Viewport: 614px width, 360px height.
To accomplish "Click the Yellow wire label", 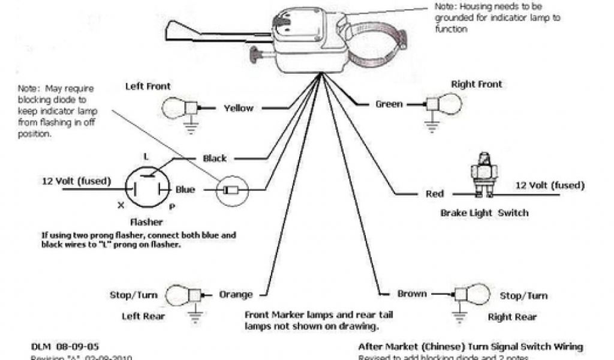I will pyautogui.click(x=238, y=109).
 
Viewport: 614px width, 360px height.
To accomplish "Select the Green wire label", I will pyautogui.click(x=389, y=104).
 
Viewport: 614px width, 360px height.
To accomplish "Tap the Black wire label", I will pyautogui.click(x=215, y=158).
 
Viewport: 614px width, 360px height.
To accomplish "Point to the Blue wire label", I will pyautogui.click(x=185, y=190).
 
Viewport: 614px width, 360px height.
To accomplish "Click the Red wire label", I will pyautogui.click(x=435, y=194).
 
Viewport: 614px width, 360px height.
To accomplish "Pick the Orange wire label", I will pyautogui.click(x=235, y=295).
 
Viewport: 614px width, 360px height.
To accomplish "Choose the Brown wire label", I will pyautogui.click(x=412, y=294).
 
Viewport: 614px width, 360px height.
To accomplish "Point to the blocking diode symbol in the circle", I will pyautogui.click(x=230, y=191).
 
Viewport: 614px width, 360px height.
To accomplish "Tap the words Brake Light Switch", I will pyautogui.click(x=484, y=213).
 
